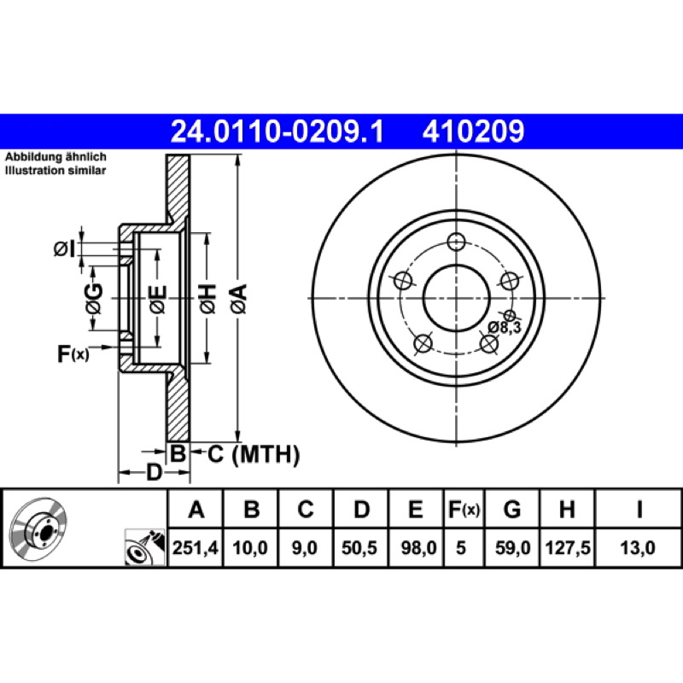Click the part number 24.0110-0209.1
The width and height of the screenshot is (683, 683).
tap(277, 131)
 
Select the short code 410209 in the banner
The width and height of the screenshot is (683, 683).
tap(473, 131)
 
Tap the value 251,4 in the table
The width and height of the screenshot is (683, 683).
tap(196, 547)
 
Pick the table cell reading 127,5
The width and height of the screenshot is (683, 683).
tap(568, 547)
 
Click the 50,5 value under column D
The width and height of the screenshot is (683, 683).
tap(359, 547)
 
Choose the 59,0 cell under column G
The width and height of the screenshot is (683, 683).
tap(513, 547)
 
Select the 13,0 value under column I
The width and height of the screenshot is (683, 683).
tap(637, 547)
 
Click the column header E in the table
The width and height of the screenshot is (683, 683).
tap(416, 509)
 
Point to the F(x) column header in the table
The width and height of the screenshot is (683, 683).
tap(464, 509)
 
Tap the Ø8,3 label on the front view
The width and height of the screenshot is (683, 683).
tap(504, 327)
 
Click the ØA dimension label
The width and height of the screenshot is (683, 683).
tap(239, 299)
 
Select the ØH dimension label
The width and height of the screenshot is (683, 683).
tap(207, 299)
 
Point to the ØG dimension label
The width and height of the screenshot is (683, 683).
tap(94, 299)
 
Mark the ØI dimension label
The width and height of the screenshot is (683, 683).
tap(65, 248)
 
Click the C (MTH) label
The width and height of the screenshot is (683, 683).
tap(254, 454)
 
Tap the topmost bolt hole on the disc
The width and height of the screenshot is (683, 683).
tap(456, 242)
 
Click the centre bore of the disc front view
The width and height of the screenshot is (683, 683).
tap(456, 298)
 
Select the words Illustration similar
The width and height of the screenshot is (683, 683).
tap(55, 170)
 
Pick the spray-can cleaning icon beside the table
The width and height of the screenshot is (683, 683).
tap(145, 547)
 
